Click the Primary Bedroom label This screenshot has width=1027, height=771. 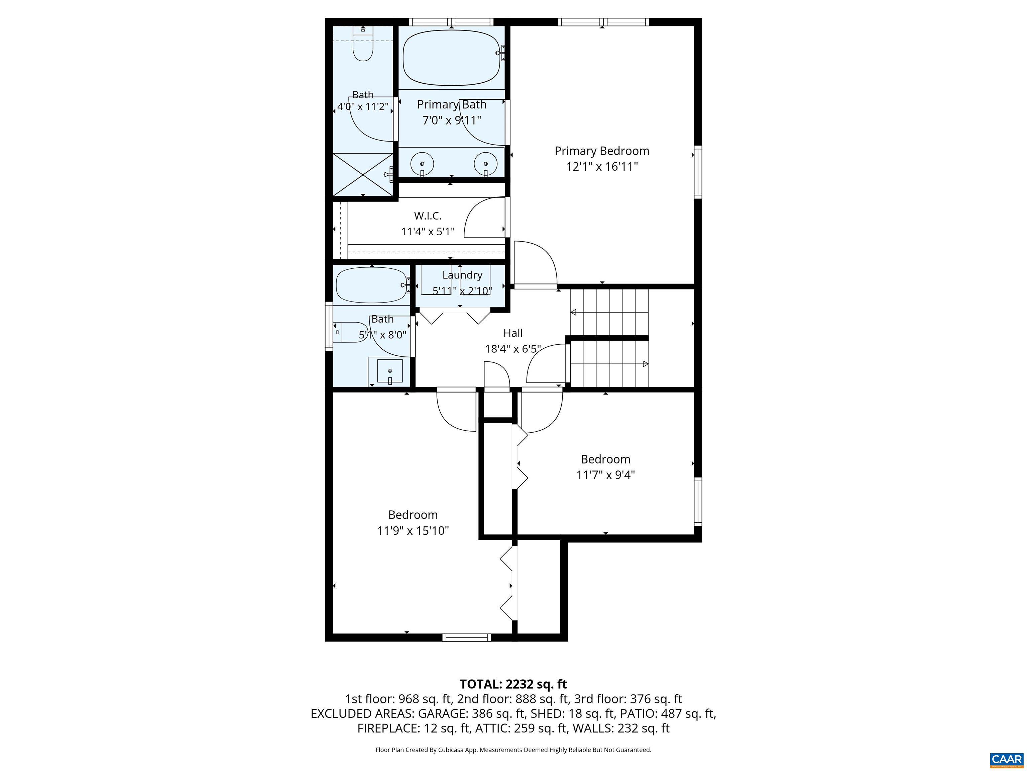click(602, 151)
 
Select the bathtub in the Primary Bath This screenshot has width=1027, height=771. click(451, 58)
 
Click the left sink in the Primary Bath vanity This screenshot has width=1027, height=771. click(422, 164)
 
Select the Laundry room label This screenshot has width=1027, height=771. click(462, 275)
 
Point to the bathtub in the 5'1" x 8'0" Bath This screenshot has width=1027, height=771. click(371, 286)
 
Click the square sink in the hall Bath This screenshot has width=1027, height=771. click(389, 371)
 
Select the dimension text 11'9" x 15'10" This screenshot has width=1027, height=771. click(413, 531)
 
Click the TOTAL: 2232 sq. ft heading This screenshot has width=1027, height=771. click(513, 684)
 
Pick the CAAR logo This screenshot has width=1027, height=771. click(1006, 759)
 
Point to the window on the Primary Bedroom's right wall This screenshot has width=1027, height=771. click(697, 172)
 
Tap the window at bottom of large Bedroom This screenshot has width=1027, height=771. click(466, 637)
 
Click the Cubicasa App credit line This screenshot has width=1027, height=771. click(513, 750)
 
